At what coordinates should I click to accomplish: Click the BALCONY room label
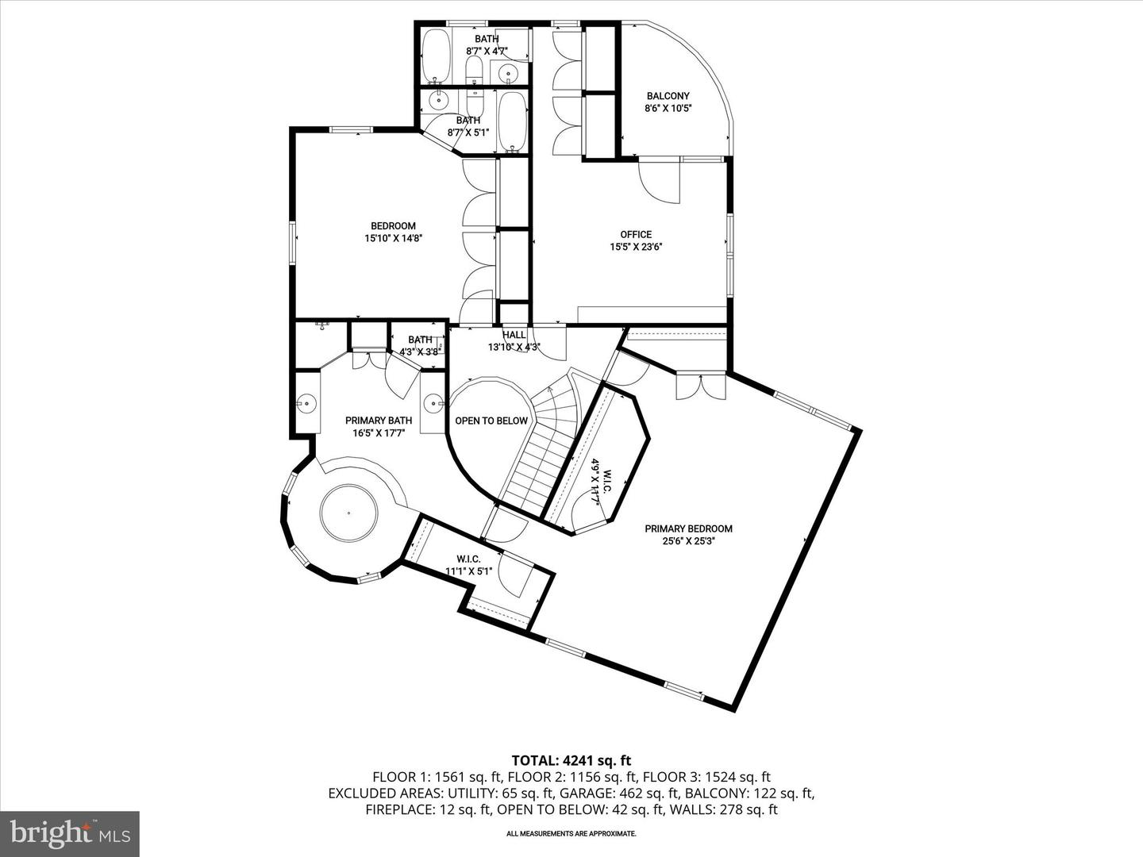click(668, 96)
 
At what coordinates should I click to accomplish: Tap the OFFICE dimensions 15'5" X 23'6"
click(636, 247)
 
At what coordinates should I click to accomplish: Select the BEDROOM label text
click(393, 226)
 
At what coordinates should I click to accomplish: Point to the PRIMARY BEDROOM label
click(688, 528)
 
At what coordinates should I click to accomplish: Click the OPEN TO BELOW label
click(491, 421)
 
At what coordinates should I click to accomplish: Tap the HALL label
click(514, 335)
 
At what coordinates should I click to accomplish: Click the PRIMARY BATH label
click(379, 421)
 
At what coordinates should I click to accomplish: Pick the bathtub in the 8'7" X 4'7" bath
click(435, 56)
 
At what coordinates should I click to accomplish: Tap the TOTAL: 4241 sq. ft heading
click(571, 761)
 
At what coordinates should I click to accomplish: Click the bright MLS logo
click(70, 834)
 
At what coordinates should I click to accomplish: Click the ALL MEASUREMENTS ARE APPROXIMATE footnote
click(571, 833)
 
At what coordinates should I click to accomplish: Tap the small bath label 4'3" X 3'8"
click(420, 352)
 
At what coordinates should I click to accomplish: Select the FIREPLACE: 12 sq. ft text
click(429, 809)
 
